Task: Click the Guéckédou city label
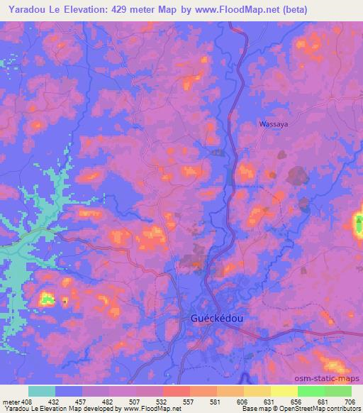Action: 218,319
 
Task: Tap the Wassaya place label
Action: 273,123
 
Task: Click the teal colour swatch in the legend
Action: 42,391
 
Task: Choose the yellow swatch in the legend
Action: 284,391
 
